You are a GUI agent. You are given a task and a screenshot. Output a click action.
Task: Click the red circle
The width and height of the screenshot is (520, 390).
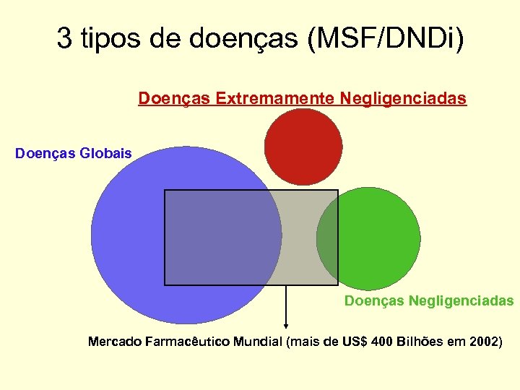pos(303,147)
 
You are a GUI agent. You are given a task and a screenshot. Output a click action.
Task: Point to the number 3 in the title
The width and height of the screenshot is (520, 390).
pos(64,39)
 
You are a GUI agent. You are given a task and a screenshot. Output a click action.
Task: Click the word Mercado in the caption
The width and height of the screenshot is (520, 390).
pos(113,341)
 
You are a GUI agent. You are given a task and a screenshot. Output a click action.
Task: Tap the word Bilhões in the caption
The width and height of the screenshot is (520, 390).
pos(420,341)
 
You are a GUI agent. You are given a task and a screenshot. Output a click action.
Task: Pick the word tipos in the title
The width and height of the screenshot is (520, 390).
pos(108,39)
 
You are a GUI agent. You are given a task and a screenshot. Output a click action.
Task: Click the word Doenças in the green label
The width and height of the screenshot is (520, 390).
pos(374,300)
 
